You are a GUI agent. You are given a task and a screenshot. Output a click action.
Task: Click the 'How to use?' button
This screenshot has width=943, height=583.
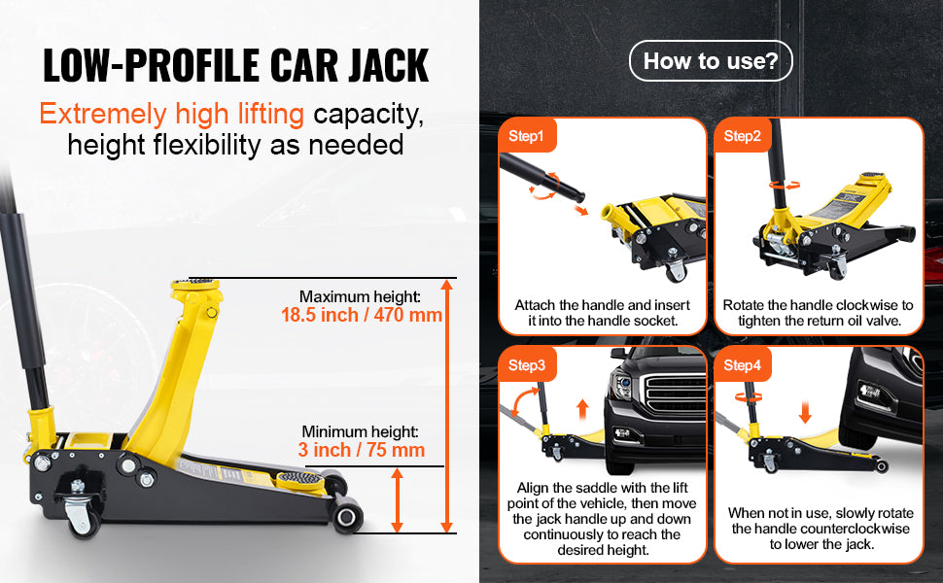tap(711, 61)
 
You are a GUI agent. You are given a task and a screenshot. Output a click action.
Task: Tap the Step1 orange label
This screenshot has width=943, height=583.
tap(527, 136)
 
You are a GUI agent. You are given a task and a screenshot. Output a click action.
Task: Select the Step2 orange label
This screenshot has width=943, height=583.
tap(744, 136)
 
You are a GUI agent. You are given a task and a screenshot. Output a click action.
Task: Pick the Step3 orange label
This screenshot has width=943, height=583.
tap(527, 365)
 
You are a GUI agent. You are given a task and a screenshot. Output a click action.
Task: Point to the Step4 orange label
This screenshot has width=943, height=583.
tap(744, 365)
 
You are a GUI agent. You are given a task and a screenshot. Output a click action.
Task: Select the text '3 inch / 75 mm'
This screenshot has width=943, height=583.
tap(362, 450)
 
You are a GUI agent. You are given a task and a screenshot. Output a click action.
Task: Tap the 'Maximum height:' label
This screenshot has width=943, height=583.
tap(359, 296)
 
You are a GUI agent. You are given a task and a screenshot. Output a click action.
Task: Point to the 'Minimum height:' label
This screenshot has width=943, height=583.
tap(360, 431)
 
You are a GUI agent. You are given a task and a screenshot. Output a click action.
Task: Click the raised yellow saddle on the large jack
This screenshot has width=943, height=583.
tap(195, 289)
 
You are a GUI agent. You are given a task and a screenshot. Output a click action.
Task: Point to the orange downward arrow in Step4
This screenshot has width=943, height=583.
tap(804, 408)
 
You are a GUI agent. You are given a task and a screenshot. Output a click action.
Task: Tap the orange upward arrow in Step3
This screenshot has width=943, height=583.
tap(583, 407)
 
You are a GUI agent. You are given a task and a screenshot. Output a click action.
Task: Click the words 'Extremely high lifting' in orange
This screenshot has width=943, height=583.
tap(171, 115)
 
